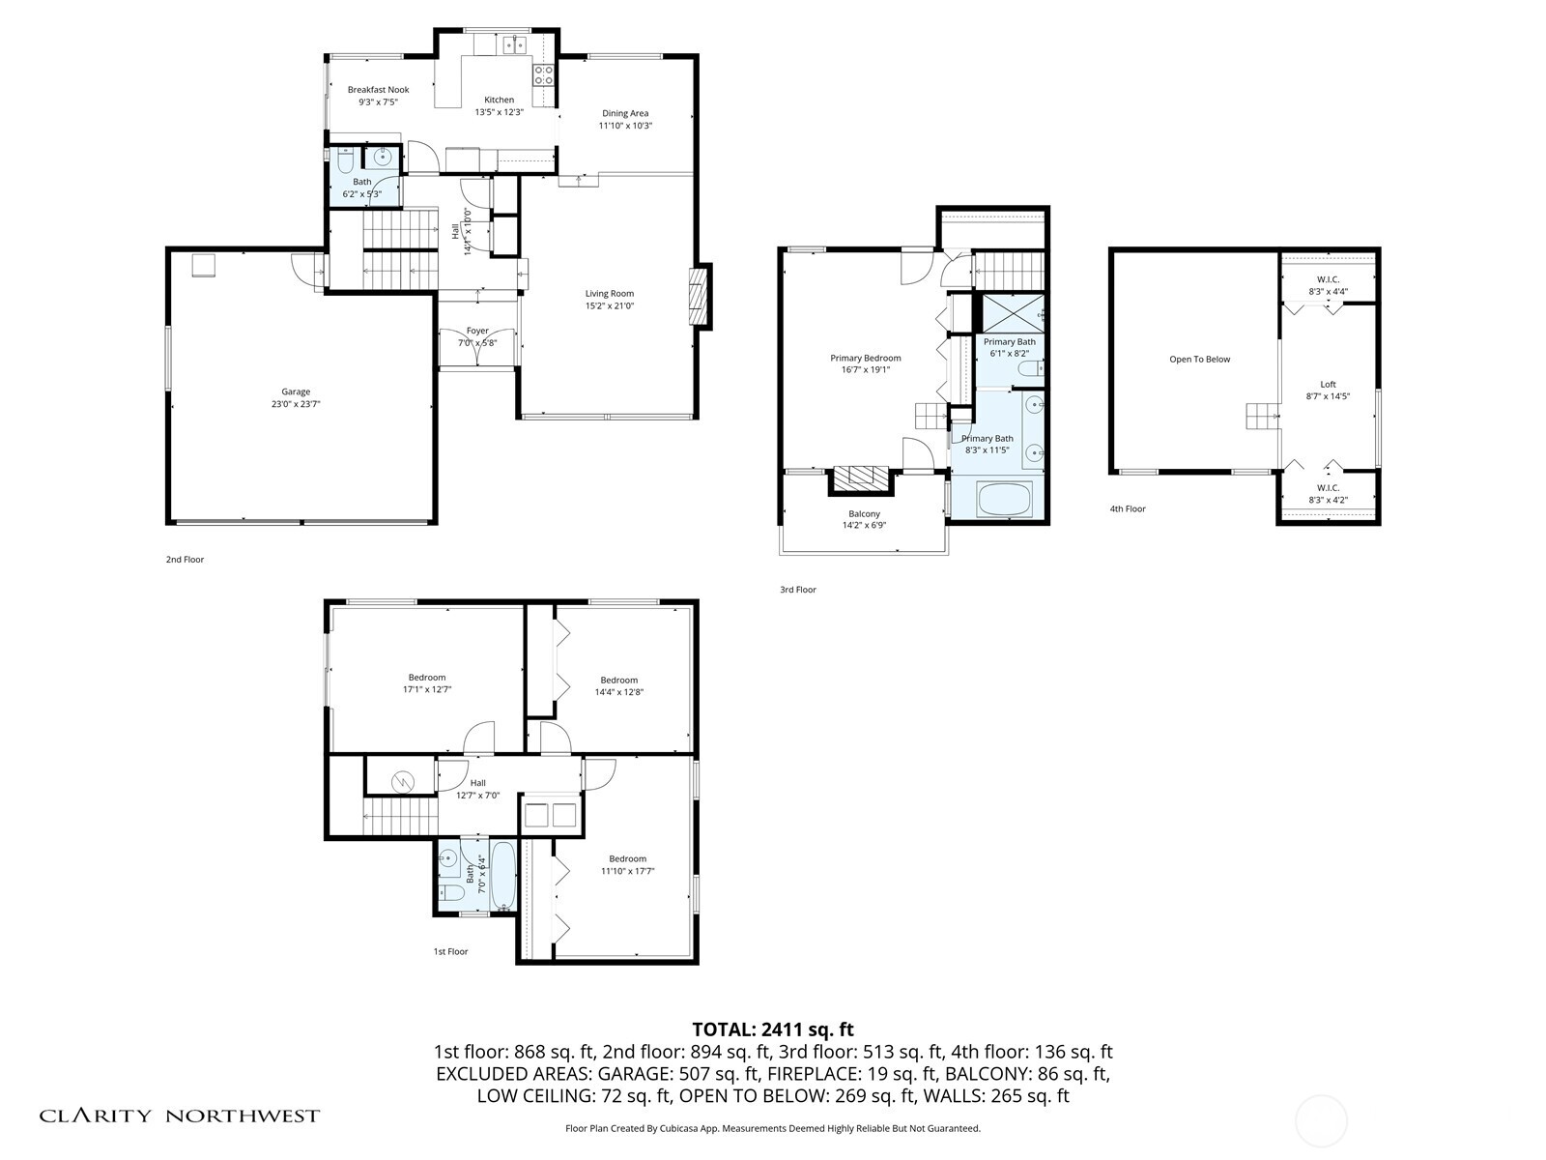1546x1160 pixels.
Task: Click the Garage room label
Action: point(296,391)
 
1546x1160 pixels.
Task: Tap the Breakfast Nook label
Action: point(378,90)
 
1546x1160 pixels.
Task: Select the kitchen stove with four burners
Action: point(543,74)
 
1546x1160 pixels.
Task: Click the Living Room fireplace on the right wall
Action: point(698,296)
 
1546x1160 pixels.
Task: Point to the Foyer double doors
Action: point(477,349)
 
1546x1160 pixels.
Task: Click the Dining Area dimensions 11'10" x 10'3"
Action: point(625,126)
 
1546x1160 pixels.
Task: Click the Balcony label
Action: point(864,513)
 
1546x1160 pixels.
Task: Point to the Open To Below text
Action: point(1199,360)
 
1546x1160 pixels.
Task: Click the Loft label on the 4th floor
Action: point(1328,384)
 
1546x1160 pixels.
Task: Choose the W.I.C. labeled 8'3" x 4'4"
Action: point(1328,285)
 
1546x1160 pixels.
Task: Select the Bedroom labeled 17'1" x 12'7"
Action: point(426,683)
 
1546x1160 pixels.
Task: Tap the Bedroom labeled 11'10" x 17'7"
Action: point(627,865)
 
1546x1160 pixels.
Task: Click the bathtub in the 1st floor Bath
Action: point(502,876)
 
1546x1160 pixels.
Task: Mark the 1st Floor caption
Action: point(450,952)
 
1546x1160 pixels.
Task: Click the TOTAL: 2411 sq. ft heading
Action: point(773,1029)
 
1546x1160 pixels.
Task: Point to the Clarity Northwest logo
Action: point(179,1116)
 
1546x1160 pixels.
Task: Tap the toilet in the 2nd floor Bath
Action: point(344,159)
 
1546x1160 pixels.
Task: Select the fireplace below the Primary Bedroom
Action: point(860,478)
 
